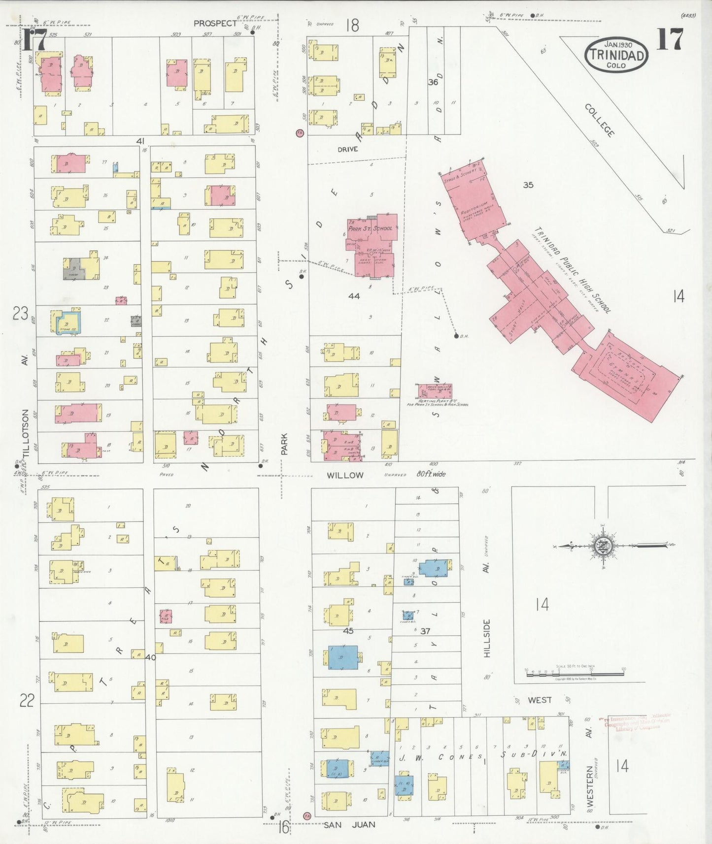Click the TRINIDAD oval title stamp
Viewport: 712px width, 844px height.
tap(616, 55)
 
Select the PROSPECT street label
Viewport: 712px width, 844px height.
tap(215, 23)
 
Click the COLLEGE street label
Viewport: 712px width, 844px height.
tap(600, 121)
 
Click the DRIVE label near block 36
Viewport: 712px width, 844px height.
tap(348, 149)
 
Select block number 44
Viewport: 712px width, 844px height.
tap(354, 296)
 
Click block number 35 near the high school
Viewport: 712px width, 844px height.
tap(528, 185)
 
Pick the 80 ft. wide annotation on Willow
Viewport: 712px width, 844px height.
tap(431, 474)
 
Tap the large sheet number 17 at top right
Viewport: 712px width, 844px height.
tap(670, 39)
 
